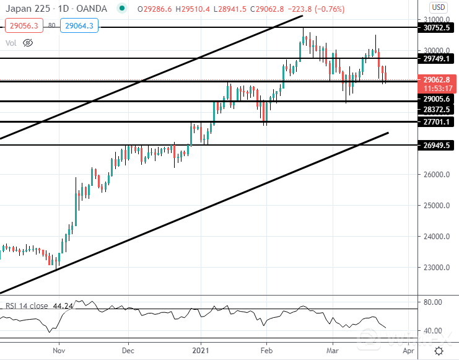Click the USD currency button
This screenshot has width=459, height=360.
[439, 7]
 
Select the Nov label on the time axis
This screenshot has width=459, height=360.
[58, 351]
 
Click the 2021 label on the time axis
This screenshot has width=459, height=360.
[201, 351]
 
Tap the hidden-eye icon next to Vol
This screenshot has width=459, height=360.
[27, 43]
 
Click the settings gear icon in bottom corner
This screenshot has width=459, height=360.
[439, 351]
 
